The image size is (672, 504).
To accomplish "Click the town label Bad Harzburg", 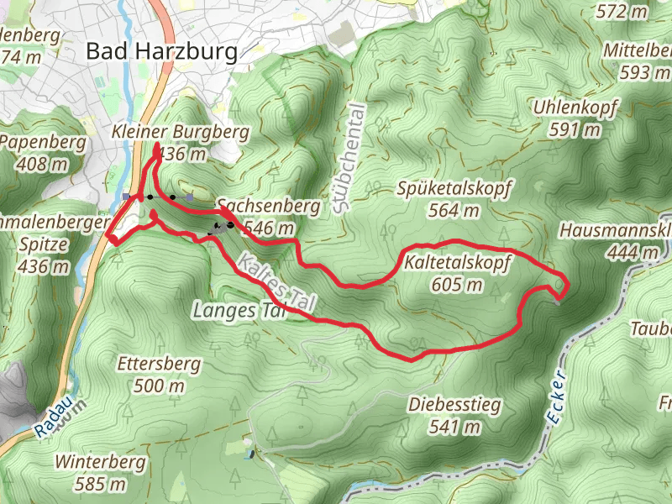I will pos(161,51).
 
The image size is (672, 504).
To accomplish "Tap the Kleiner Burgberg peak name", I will pos(181,132).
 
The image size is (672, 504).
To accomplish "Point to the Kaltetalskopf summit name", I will pos(458,264).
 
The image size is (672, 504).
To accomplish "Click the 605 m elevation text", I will pos(458,285).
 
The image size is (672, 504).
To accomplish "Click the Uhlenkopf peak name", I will pos(575,108).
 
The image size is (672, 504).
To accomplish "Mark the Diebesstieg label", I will pos(454,406).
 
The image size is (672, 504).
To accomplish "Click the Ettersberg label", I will pos(159,365).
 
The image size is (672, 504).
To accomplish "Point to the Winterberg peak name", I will pos(100,462).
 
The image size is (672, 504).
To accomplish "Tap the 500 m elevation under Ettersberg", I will pos(159,386).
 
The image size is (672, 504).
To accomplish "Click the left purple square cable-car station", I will pos(125,197).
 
